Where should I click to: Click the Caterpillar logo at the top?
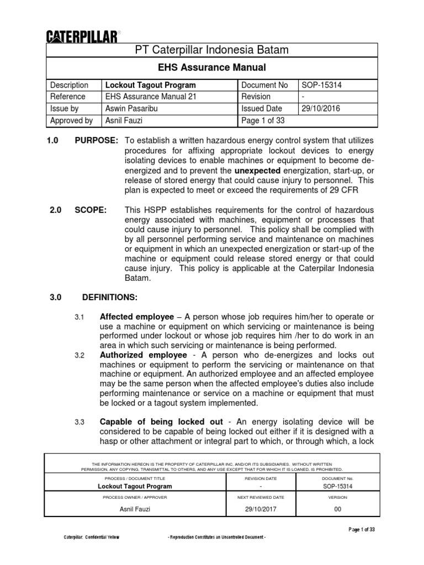[81, 36]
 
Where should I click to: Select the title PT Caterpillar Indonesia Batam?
[212, 51]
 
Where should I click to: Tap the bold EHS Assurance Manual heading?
[212, 68]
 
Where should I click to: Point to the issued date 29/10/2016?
[321, 109]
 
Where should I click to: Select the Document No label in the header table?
[264, 85]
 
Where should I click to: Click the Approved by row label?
[71, 120]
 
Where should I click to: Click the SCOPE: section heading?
[91, 210]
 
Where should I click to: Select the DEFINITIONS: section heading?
[110, 297]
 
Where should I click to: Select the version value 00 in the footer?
[338, 509]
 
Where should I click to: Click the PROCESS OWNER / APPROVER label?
[135, 498]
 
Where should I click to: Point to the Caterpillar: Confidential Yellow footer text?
[91, 537]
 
